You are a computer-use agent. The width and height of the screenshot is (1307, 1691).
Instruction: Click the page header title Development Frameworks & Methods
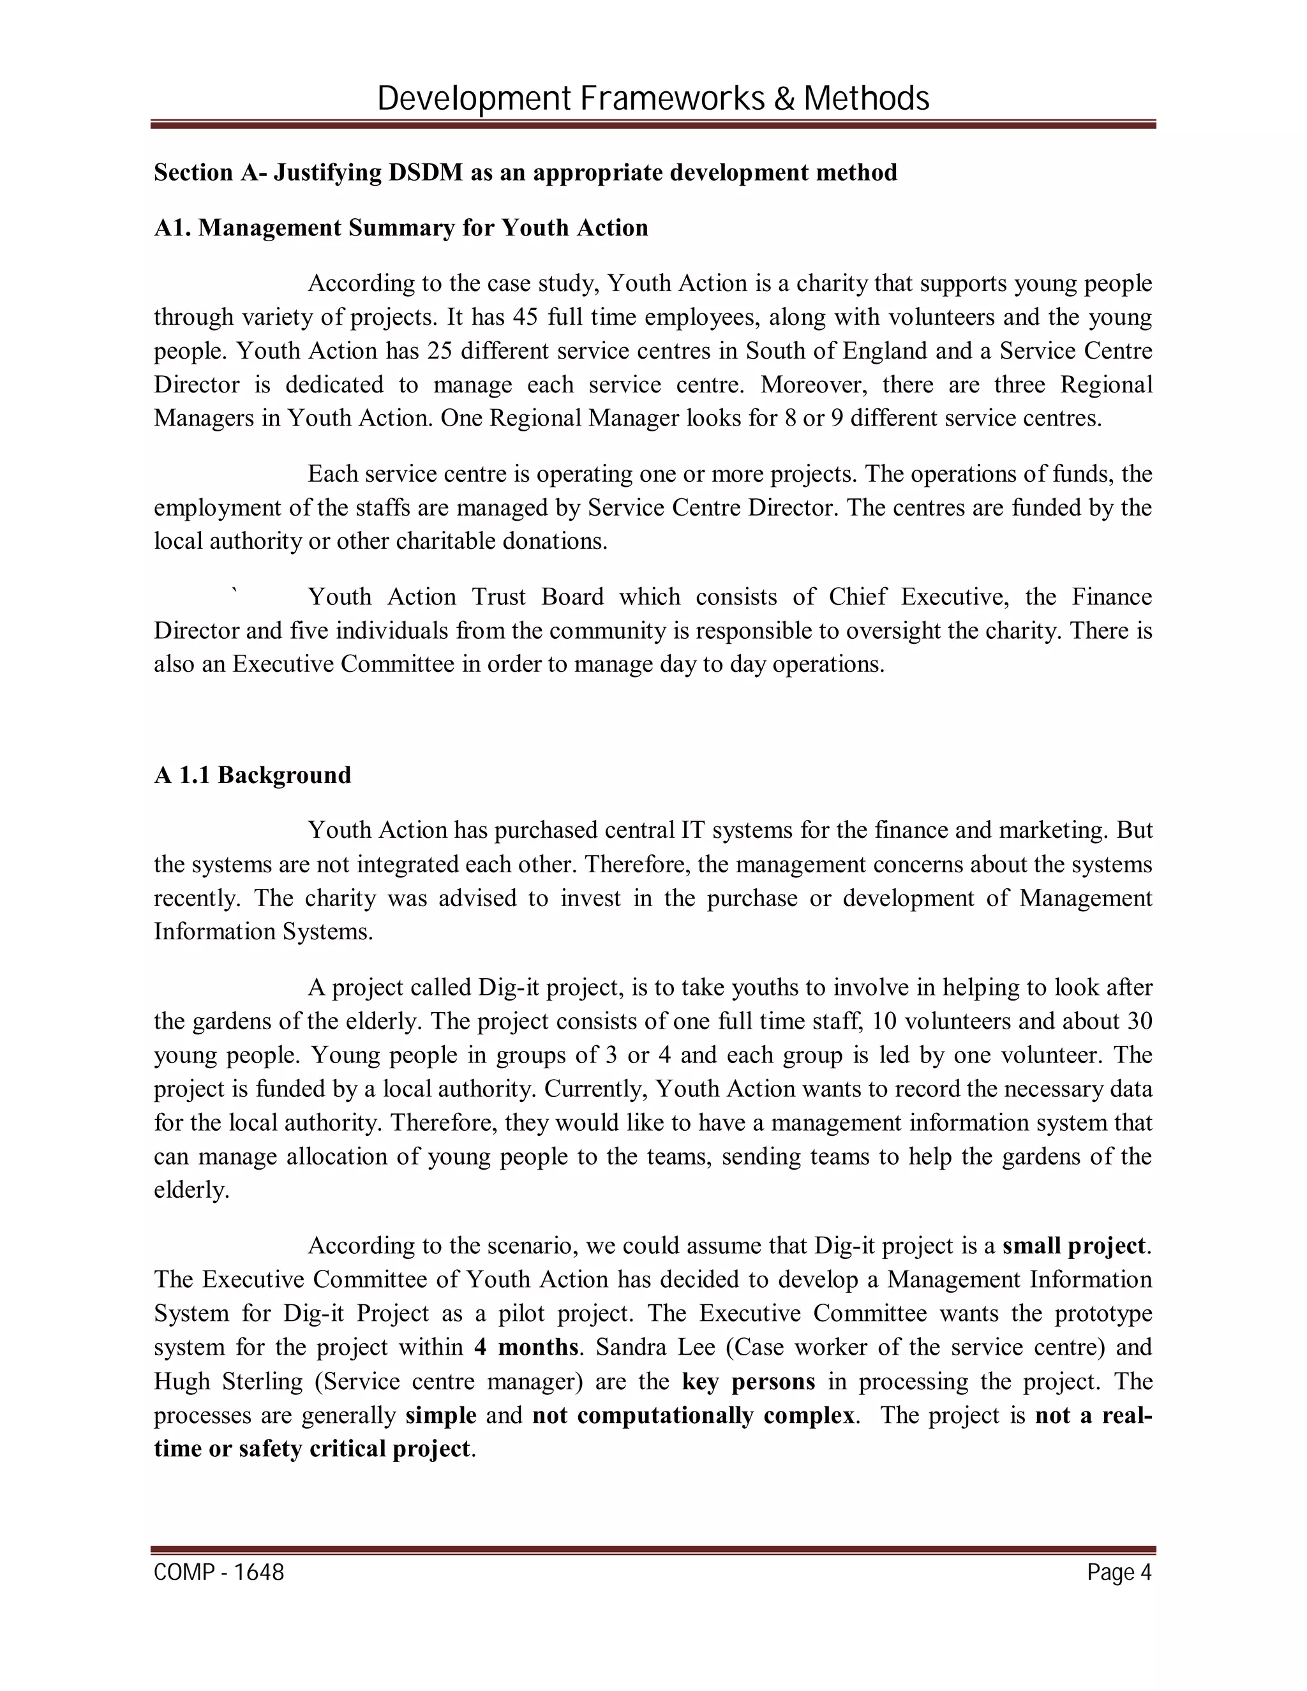pyautogui.click(x=653, y=99)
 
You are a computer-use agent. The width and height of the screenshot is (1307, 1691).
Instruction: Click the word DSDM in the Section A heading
pyautogui.click(x=425, y=172)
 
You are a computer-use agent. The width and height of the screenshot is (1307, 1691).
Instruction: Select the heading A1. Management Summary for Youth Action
pyautogui.click(x=401, y=228)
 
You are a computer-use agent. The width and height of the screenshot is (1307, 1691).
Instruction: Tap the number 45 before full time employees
pyautogui.click(x=526, y=317)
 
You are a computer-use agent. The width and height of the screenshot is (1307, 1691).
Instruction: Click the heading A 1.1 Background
pyautogui.click(x=253, y=775)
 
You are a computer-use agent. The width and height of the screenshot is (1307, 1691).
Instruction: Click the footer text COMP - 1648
pyautogui.click(x=219, y=1572)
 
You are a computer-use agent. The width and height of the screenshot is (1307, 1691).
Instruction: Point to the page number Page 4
pyautogui.click(x=1119, y=1572)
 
